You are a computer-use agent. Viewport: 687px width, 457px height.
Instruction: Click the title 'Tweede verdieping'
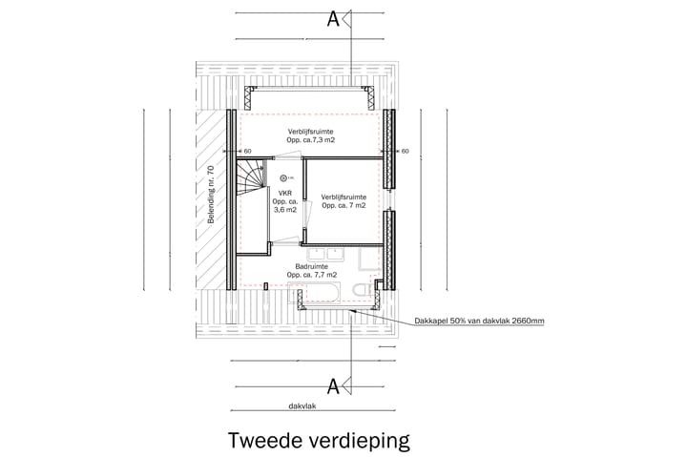click(319, 441)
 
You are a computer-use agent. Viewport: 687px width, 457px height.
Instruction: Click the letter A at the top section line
click(333, 18)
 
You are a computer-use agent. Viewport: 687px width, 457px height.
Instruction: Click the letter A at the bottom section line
click(333, 385)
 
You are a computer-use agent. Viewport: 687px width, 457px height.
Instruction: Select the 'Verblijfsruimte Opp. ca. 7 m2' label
click(343, 200)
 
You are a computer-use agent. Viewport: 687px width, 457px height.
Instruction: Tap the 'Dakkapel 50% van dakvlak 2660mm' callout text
click(480, 322)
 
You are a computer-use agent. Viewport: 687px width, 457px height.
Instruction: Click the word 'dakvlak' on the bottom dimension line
click(303, 406)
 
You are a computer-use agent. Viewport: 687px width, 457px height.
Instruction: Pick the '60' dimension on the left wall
click(246, 151)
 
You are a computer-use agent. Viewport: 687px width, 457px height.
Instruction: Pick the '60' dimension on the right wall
click(404, 151)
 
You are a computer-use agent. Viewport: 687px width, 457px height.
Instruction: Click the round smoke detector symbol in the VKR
click(283, 177)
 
